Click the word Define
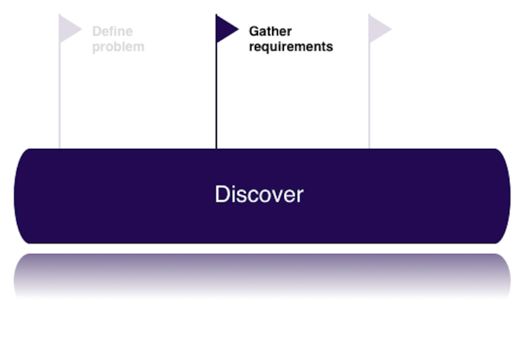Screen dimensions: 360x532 [x=112, y=31]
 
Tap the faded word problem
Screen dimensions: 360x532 [x=118, y=47]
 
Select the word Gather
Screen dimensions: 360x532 [x=270, y=31]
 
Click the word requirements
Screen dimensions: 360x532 [x=291, y=47]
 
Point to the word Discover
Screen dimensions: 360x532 [x=259, y=195]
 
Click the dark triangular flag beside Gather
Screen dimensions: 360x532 [x=225, y=29]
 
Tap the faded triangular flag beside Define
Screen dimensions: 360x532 [x=69, y=29]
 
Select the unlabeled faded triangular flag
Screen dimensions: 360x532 [x=378, y=29]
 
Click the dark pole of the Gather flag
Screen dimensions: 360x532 [x=216, y=97]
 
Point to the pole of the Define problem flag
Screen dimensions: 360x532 [x=59, y=97]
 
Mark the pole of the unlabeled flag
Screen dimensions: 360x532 [x=369, y=97]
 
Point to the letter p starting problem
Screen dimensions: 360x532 [x=96, y=48]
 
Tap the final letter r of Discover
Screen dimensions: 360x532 [x=300, y=195]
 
